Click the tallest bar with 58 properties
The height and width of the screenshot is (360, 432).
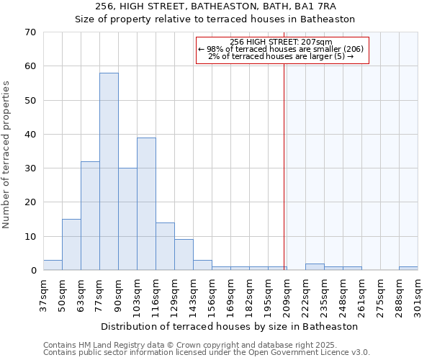coord(109,171)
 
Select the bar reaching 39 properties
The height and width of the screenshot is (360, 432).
coord(146,204)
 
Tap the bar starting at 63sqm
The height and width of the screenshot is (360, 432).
coord(90,216)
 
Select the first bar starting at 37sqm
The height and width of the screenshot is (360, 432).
coord(53,265)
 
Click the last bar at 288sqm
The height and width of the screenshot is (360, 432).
coord(408,269)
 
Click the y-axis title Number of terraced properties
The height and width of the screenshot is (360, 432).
coord(7,155)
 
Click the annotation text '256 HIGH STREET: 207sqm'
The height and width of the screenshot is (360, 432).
coord(282,42)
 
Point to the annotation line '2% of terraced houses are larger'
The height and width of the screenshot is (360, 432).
coord(282,56)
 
